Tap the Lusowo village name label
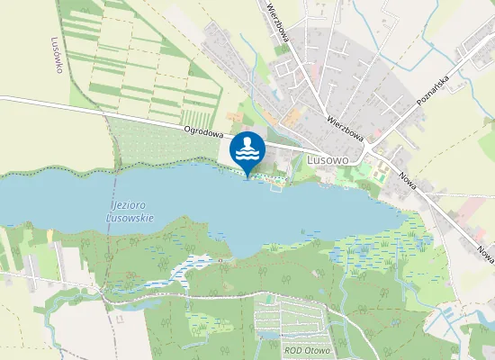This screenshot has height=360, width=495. coord(327,158)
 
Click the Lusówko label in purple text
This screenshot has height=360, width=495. coord(58,54)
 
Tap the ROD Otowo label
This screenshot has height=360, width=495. coord(307,350)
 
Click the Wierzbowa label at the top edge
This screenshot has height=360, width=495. coord(277,22)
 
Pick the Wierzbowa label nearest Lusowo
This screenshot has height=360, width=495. coord(345,127)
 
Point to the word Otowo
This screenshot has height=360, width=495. coord(316,350)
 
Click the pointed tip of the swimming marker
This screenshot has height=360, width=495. coord(247,175)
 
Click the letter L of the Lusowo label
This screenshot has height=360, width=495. coord(310,158)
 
